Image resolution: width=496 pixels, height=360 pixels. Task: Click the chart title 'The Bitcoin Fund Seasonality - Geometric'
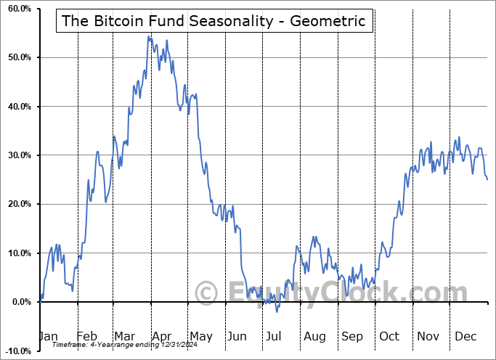[x=215, y=20]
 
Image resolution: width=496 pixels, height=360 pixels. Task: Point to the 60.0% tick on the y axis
[x=17, y=9]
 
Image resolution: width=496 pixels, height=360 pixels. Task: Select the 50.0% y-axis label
[x=17, y=57]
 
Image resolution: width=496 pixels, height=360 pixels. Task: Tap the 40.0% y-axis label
[x=17, y=107]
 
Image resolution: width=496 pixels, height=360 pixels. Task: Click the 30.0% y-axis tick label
[x=17, y=155]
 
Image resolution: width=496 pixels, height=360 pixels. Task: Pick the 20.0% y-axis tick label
[x=17, y=204]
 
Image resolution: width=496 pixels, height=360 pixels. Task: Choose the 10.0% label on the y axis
[x=17, y=253]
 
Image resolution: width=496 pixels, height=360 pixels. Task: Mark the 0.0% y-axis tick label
[x=18, y=302]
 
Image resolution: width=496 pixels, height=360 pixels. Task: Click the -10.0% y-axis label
[x=15, y=351]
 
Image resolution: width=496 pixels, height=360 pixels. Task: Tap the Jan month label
[x=49, y=336]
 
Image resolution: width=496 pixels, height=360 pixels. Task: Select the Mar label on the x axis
[x=125, y=336]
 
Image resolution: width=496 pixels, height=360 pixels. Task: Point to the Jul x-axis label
[x=273, y=336]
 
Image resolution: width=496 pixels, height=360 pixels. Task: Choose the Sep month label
[x=351, y=336]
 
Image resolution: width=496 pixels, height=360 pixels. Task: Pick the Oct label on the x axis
[x=389, y=336]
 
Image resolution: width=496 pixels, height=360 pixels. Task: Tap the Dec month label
[x=465, y=336]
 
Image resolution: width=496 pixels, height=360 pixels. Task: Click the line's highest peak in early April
[x=148, y=36]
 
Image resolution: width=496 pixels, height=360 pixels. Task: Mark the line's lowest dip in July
[x=277, y=311]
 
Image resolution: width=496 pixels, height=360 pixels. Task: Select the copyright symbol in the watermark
[x=206, y=293]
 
